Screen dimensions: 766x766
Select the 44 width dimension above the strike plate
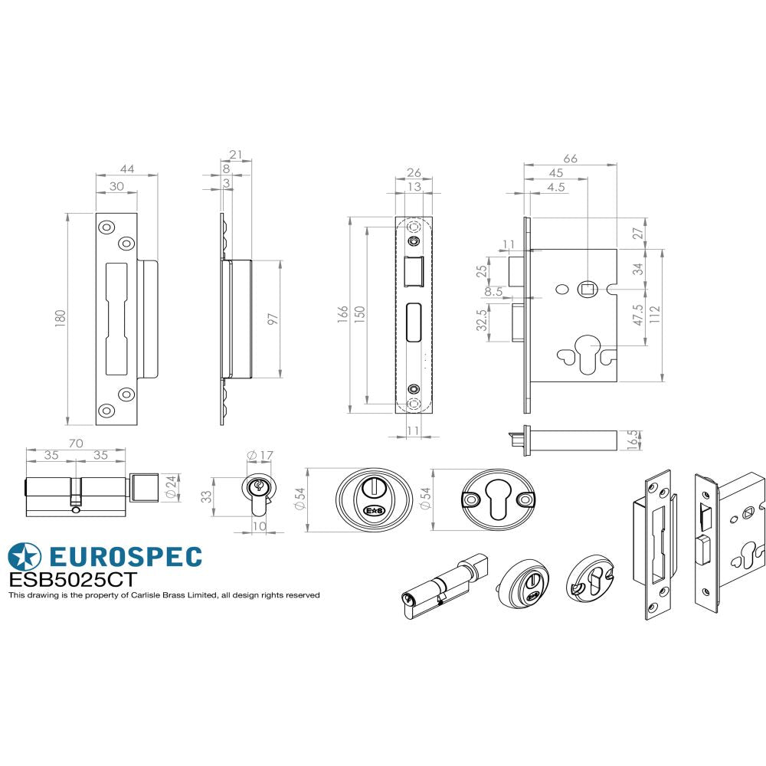(126, 168)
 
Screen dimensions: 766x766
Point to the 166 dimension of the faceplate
(342, 316)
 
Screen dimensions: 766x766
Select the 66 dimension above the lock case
(570, 159)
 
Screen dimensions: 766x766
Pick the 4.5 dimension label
(556, 187)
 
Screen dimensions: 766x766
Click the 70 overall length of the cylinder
(76, 442)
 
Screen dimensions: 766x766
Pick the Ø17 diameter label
(260, 456)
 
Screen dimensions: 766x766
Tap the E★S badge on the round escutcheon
(374, 511)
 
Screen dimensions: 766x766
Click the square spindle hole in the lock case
(588, 289)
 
